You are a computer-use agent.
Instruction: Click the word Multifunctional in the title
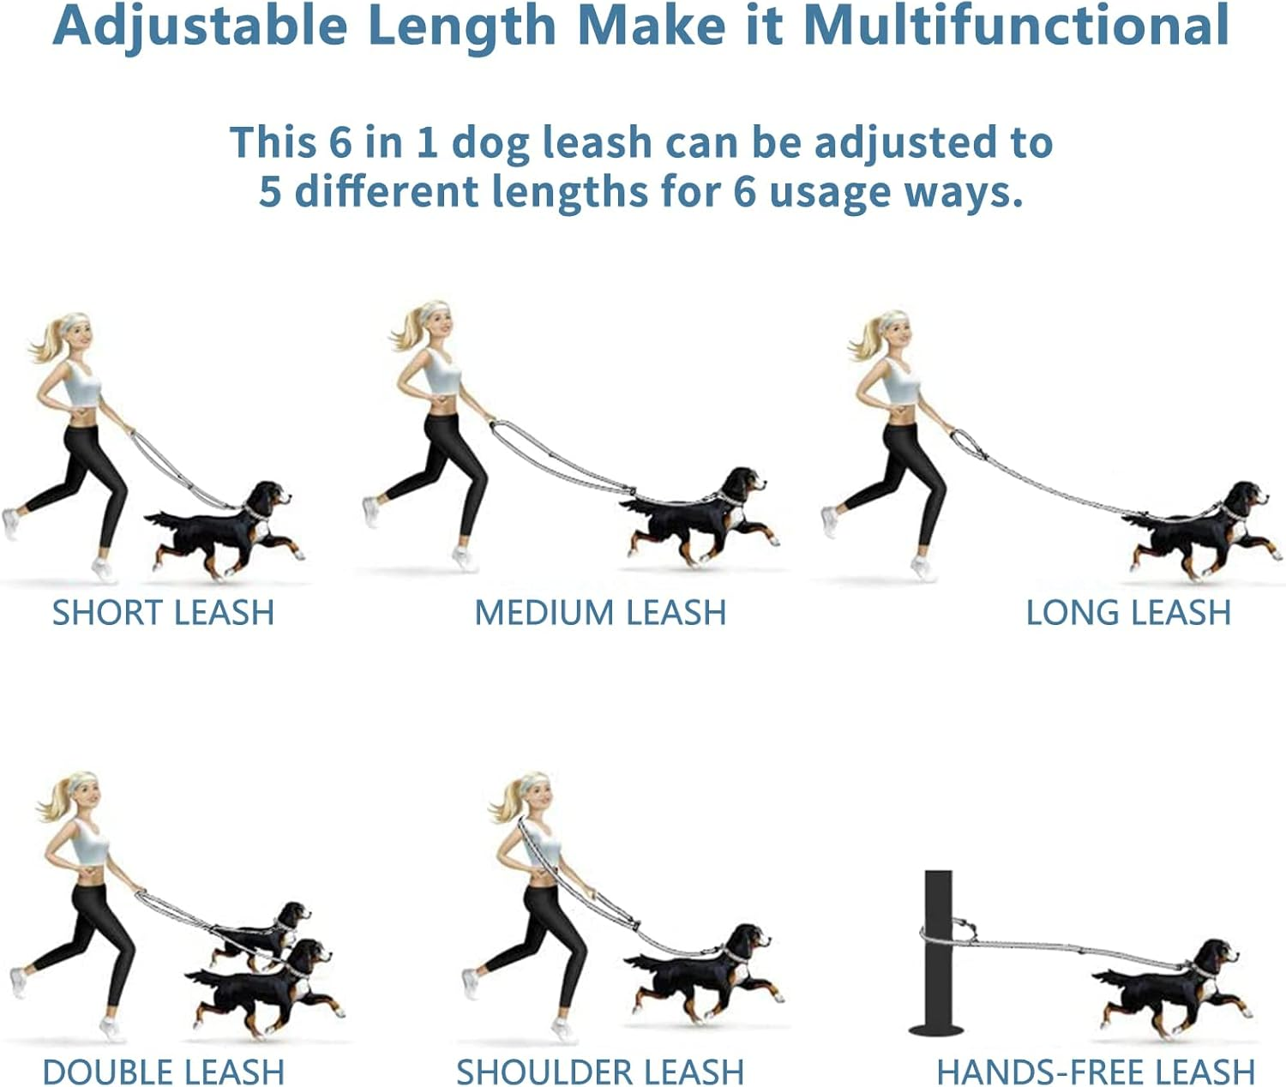[x=1016, y=26]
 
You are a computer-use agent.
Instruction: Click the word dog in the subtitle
[x=490, y=143]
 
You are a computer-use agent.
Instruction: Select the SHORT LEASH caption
[x=163, y=613]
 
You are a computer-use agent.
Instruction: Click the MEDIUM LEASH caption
[x=600, y=613]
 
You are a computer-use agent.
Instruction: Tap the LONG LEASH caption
[x=1128, y=613]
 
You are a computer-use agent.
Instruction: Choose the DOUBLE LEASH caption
[x=163, y=1072]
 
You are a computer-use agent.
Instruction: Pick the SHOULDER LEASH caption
[x=600, y=1072]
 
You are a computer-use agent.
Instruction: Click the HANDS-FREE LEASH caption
[x=1096, y=1072]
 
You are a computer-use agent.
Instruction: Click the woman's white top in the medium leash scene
[x=442, y=371]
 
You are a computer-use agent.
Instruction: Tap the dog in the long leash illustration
[x=1201, y=530]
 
